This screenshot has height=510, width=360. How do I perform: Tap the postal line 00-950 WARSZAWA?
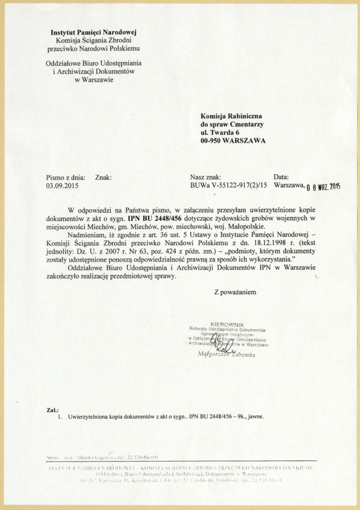[x=233, y=141]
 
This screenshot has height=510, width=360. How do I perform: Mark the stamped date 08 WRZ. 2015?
[x=322, y=188]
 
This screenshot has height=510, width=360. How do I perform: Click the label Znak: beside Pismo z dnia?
[x=104, y=177]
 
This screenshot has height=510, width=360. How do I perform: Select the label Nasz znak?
[x=206, y=177]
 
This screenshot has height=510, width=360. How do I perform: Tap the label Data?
[x=281, y=177]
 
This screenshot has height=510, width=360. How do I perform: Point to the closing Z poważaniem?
[x=235, y=292]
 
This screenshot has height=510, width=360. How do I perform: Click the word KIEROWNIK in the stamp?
[x=229, y=324]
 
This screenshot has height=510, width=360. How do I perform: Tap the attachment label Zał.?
[x=53, y=410]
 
